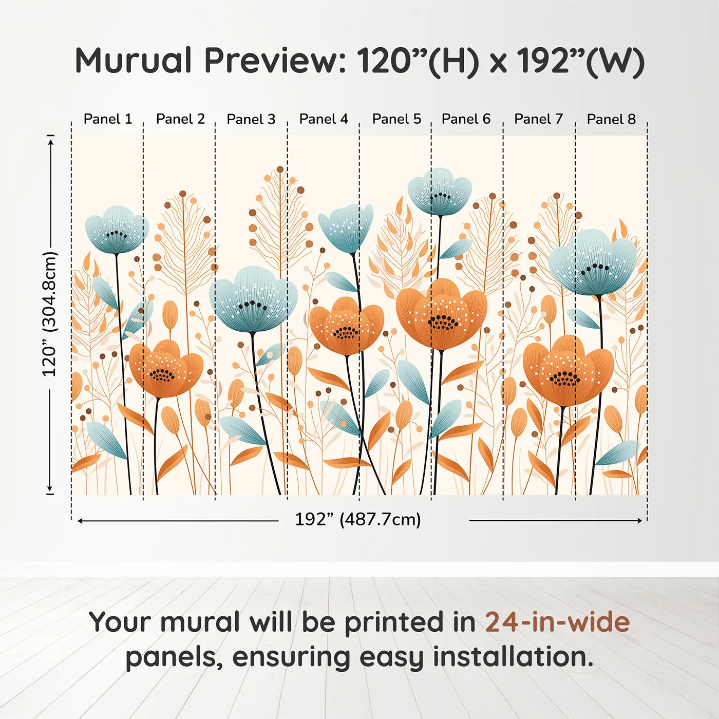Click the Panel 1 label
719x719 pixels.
click(x=108, y=119)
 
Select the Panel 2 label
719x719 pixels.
click(x=180, y=119)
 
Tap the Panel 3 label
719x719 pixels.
click(x=251, y=119)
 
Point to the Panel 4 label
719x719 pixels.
click(x=324, y=119)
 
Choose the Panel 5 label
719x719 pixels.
click(x=396, y=119)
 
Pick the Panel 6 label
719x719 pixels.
click(x=466, y=119)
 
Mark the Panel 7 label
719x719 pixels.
click(x=539, y=119)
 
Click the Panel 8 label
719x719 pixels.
click(x=611, y=119)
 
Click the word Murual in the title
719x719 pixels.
click(x=134, y=61)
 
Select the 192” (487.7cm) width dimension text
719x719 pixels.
click(x=358, y=519)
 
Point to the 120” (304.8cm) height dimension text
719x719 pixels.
click(x=50, y=314)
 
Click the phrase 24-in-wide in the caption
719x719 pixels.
click(x=557, y=622)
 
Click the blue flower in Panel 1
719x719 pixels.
click(x=117, y=230)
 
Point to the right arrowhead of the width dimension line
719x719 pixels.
click(x=639, y=521)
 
